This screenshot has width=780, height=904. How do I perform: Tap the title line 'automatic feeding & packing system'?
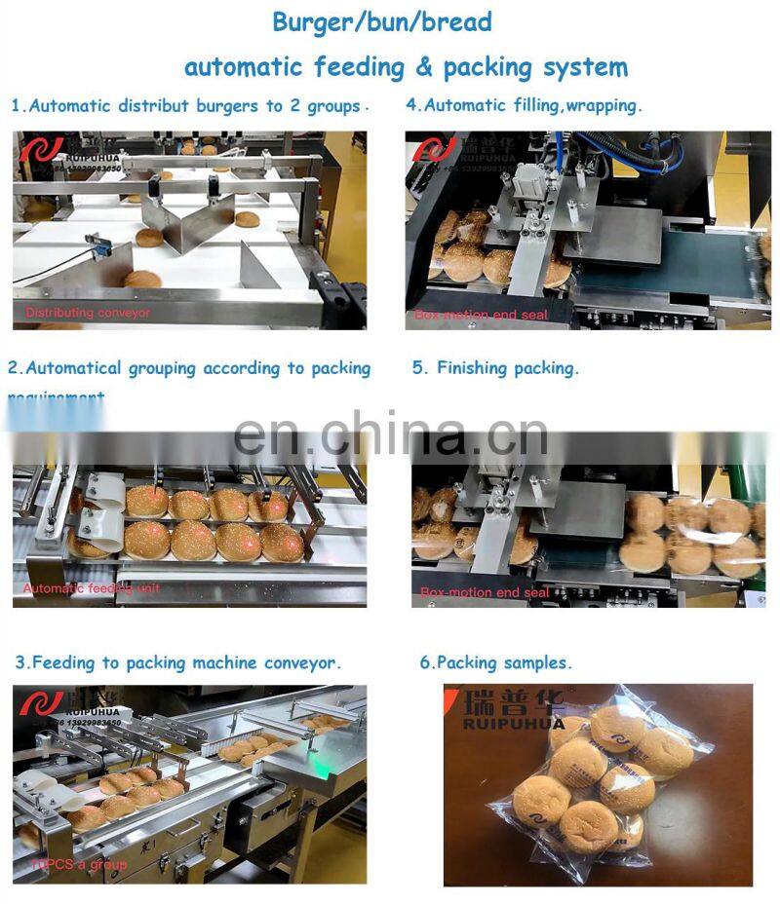tap(406, 67)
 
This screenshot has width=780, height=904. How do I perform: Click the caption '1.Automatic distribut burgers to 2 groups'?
tap(188, 106)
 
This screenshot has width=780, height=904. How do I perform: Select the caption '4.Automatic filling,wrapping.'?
tap(525, 105)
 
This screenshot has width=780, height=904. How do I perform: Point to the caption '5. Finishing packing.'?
tap(495, 368)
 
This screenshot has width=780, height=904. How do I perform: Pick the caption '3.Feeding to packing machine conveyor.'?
tap(178, 662)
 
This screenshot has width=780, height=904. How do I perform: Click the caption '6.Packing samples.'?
tap(495, 662)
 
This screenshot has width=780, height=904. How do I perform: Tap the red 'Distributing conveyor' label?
tap(88, 313)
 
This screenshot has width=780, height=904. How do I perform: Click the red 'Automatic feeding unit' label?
tap(92, 588)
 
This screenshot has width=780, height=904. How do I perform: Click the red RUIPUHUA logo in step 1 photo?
tap(41, 150)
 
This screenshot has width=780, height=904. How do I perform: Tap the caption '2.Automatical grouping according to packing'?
tap(189, 368)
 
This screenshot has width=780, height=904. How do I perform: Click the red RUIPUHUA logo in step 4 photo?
tap(435, 150)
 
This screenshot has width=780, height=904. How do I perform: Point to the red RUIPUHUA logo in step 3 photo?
tap(41, 703)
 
